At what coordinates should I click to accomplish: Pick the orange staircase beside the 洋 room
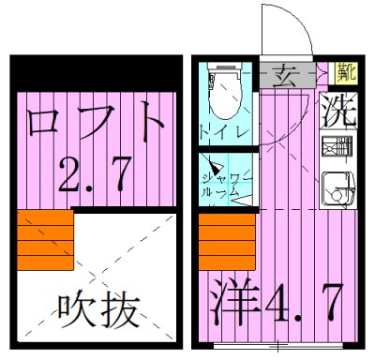(x=228, y=240)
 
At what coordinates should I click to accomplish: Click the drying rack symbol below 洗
(x=335, y=148)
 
